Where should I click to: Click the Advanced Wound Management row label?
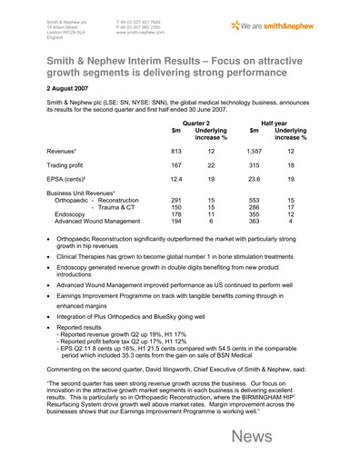point(89,248)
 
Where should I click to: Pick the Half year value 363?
point(254,248)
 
